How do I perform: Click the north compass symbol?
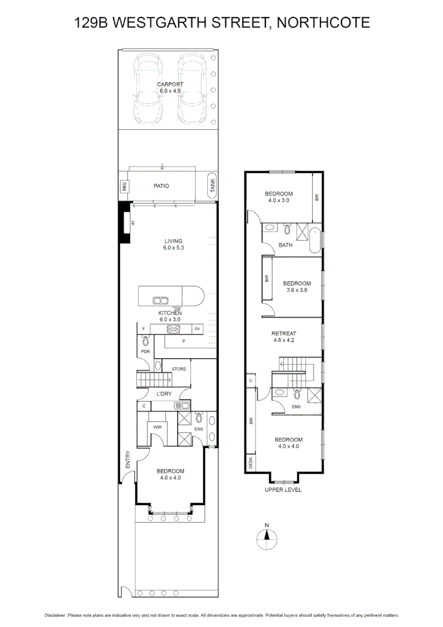point(267,538)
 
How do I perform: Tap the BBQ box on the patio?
point(124,186)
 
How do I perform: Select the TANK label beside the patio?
point(213,186)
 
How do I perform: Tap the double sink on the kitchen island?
point(160,300)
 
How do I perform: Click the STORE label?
point(179,369)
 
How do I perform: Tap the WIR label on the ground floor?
point(157,427)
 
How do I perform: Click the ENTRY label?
point(128,460)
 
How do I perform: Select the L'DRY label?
point(164,394)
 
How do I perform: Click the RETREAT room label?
point(284,334)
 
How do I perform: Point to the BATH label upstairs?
point(286,245)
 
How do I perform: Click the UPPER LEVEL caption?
point(283,489)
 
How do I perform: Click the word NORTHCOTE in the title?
point(324,23)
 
